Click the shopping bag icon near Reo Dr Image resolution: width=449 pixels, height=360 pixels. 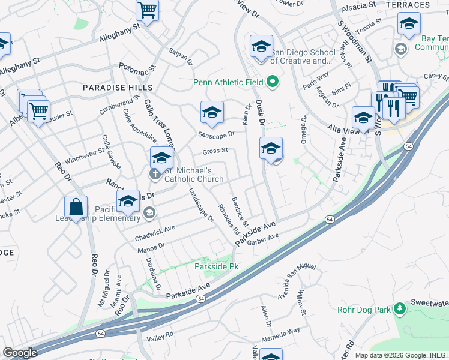[x=76, y=208]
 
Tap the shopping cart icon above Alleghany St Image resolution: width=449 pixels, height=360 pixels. [x=147, y=10]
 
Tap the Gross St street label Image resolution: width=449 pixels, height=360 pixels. [x=215, y=151]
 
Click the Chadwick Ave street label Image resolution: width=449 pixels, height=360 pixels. [x=155, y=229]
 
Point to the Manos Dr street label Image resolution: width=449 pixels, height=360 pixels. [x=151, y=246]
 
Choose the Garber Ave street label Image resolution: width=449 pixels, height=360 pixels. [x=265, y=238]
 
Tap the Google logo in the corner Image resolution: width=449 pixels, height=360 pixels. [x=20, y=353]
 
